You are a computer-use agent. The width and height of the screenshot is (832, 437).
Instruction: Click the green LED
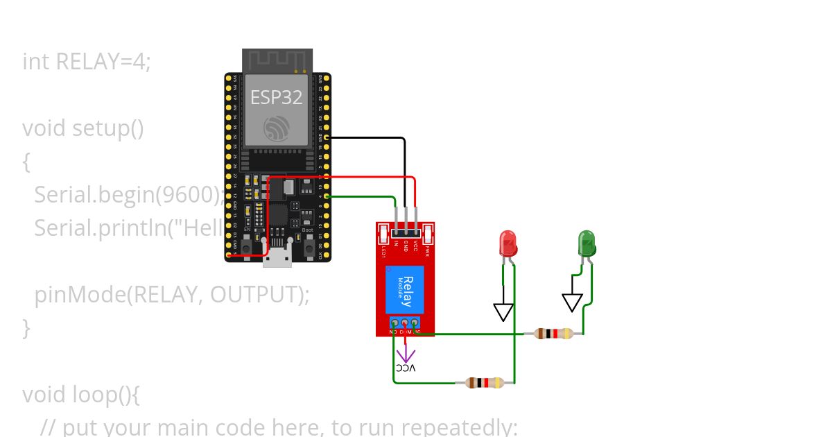587,245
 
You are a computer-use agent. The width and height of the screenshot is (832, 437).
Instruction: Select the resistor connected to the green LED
553,334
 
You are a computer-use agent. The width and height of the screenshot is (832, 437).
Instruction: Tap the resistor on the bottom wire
485,382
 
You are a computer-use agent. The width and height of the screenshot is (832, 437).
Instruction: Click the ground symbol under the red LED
503,311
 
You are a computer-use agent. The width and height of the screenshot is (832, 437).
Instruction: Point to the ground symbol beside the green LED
572,302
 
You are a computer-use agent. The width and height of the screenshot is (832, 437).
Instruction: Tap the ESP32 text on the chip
277,98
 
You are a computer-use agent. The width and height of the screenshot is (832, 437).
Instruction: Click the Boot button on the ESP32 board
307,243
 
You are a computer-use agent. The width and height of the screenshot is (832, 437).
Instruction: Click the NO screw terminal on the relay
394,323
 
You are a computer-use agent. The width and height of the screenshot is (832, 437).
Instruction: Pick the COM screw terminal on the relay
405,323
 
